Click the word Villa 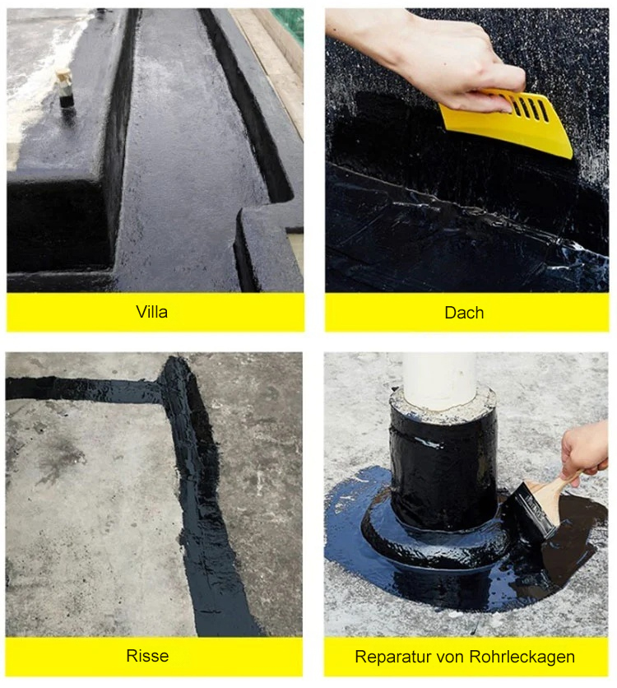pos(151,312)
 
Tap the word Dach pos(464,313)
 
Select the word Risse pos(147,656)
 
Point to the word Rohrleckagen pos(522,657)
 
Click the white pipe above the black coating pos(439,380)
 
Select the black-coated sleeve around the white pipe pos(443,469)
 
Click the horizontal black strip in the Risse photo pos(83,389)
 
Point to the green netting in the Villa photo pos(288,24)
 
